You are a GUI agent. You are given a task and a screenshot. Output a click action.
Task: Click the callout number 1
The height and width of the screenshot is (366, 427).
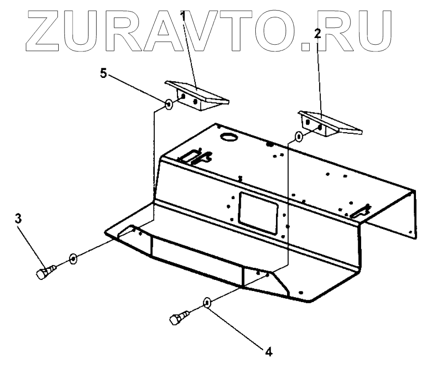click(183, 14)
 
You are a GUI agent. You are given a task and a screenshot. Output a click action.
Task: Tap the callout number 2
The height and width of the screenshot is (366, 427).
click(317, 35)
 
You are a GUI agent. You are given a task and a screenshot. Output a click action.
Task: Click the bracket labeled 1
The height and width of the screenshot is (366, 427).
click(198, 95)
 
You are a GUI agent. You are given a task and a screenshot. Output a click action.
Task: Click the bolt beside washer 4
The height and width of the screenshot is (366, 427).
click(179, 318)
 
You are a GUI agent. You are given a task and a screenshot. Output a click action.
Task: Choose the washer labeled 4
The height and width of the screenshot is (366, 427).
click(207, 303)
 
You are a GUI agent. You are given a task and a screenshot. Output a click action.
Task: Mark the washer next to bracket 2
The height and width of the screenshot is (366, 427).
click(299, 137)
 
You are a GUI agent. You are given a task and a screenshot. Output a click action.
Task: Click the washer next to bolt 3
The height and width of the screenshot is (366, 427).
click(73, 259)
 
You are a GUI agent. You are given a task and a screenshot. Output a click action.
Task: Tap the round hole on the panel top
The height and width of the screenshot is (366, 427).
click(228, 137)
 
